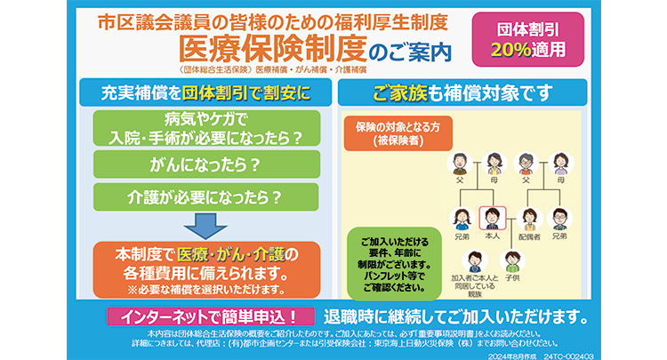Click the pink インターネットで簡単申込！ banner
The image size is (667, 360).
(210, 316)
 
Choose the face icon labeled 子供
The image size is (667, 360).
(511, 259)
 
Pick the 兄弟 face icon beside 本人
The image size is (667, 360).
(462, 217)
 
